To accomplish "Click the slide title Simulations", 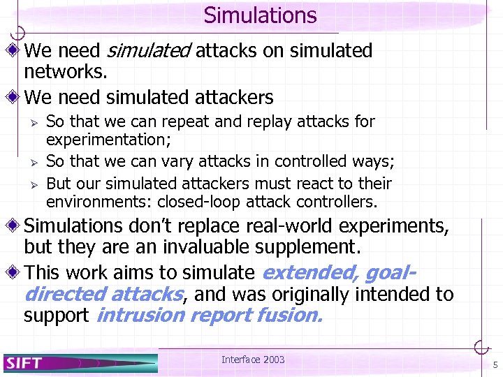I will point(260,15).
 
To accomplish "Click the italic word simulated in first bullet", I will point(149,51).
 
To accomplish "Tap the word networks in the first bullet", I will point(64,73).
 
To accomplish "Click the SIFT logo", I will point(25,362).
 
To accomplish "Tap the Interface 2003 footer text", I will point(253,360).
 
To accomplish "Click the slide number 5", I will point(495,364).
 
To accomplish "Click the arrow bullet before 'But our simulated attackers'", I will point(31,184).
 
